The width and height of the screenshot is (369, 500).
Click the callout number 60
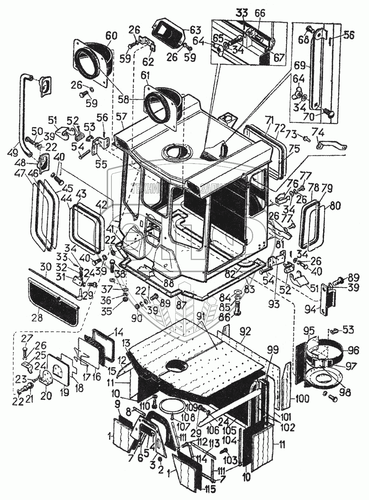point(111,36)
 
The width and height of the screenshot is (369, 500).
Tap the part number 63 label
point(196,30)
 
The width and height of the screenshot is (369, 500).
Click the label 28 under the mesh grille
point(37,318)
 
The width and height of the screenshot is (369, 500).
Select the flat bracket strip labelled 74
point(332,144)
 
